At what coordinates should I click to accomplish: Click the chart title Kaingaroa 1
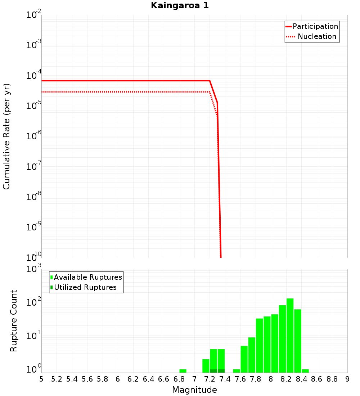[x=180, y=6]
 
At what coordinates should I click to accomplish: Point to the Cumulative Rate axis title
[x=6, y=136]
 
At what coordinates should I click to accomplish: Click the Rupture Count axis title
[x=14, y=321]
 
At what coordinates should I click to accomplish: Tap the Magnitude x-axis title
[x=194, y=390]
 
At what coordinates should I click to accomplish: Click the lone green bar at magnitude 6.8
[x=183, y=371]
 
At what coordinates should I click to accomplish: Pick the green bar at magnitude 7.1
[x=206, y=366]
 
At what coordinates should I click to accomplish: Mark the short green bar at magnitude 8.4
[x=305, y=371]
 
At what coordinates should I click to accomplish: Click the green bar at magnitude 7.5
[x=237, y=371]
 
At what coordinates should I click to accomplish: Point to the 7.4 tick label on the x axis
[x=225, y=379]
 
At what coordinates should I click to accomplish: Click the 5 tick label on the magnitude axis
[x=41, y=379]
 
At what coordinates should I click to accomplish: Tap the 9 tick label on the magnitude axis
[x=347, y=379]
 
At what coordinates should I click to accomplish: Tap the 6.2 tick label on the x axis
[x=133, y=379]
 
